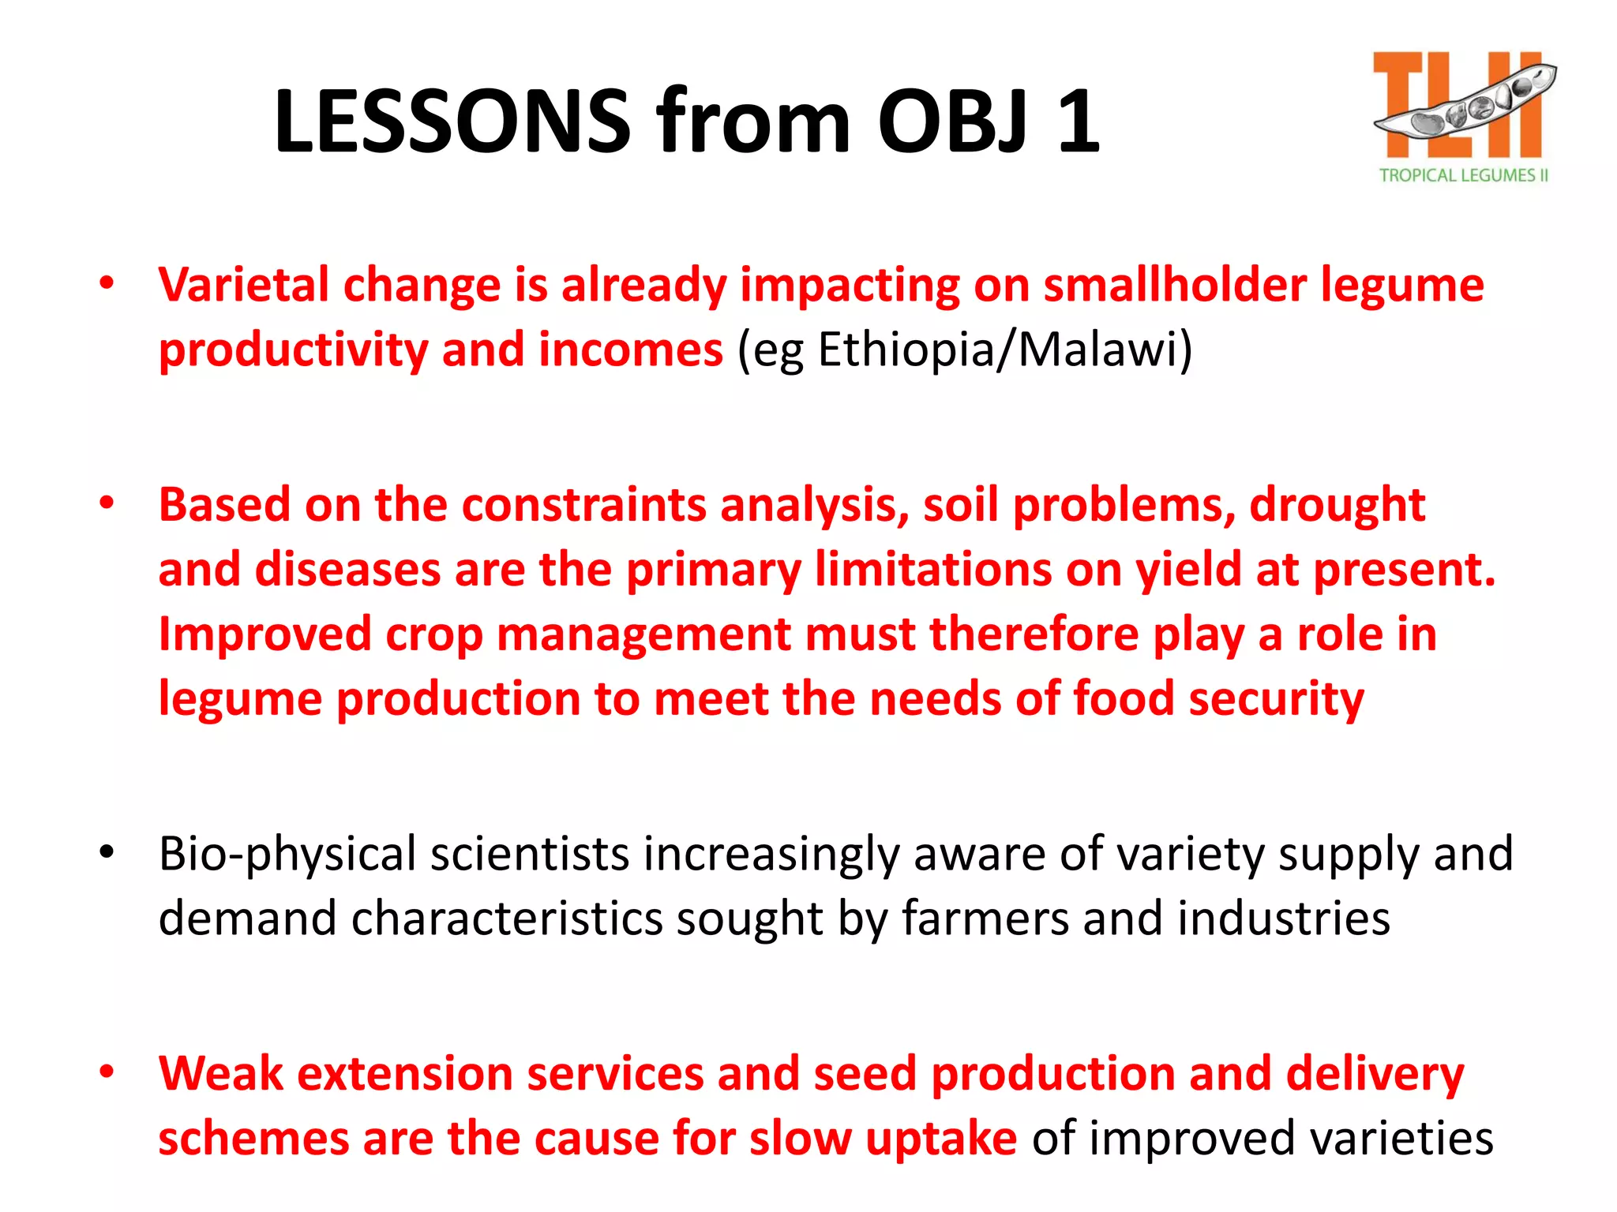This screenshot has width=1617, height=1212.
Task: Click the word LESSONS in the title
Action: (452, 122)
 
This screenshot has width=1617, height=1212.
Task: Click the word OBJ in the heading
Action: (954, 122)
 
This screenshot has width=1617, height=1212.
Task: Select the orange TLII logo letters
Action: (1457, 107)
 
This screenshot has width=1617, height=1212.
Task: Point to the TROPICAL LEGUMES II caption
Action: (1463, 175)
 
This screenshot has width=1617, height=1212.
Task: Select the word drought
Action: (1337, 505)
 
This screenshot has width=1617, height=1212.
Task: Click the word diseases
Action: (347, 570)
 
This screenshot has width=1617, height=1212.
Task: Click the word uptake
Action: (941, 1139)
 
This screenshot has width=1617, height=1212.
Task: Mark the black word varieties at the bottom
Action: (1401, 1139)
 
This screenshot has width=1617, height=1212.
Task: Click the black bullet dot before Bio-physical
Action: (107, 851)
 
